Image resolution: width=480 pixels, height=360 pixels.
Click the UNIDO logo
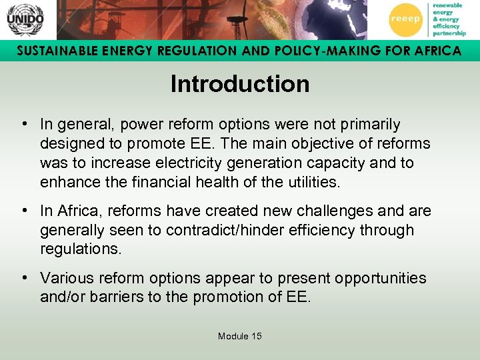point(25,19)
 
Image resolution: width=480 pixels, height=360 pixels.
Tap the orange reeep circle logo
point(405,19)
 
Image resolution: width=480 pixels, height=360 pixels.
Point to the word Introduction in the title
point(240,85)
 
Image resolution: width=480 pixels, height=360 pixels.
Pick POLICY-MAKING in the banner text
point(312,51)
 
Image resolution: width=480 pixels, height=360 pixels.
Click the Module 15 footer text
point(240,336)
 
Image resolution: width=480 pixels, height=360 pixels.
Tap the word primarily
point(368,125)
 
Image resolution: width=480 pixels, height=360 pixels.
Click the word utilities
point(315,182)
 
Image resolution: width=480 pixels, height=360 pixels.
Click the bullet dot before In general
point(23,125)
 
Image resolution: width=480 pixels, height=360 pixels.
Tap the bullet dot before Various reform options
point(23,278)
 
